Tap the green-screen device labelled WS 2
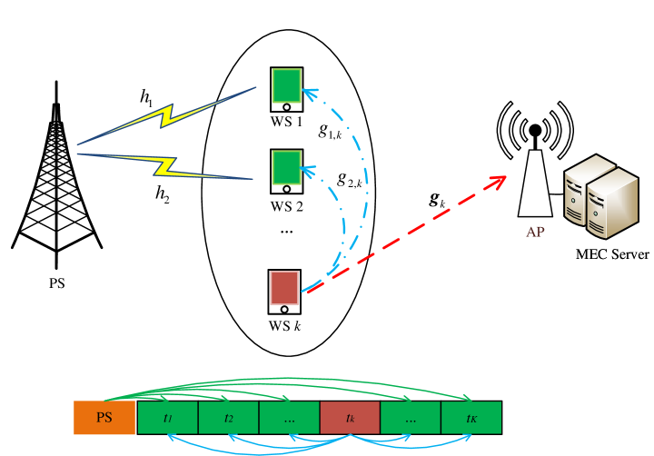[286, 171]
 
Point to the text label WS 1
[286, 122]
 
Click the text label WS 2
[286, 206]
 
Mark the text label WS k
[284, 325]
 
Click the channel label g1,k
[330, 130]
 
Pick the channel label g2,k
[349, 179]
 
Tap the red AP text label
[535, 232]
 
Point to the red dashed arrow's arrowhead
[497, 181]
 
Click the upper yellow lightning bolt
[168, 115]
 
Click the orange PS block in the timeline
[104, 418]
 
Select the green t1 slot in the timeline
[167, 418]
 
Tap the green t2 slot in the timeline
[228, 418]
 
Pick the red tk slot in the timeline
[350, 418]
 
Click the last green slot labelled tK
[471, 418]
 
